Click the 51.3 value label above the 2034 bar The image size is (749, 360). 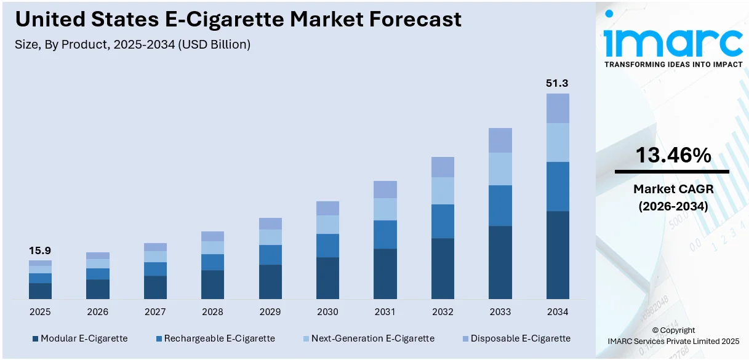click(x=558, y=83)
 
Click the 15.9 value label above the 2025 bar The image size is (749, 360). click(x=40, y=250)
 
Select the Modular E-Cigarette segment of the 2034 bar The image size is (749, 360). click(x=558, y=255)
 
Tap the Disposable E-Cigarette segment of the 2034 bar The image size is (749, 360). click(x=558, y=108)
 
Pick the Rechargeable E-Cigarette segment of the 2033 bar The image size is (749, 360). click(x=500, y=206)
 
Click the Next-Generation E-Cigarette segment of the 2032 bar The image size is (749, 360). click(x=443, y=191)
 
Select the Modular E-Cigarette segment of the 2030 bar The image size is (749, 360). click(x=327, y=278)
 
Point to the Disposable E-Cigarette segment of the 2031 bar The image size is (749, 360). click(x=385, y=190)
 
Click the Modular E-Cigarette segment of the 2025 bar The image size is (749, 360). click(x=40, y=291)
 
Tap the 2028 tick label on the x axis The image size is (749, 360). click(x=212, y=312)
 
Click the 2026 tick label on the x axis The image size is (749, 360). click(x=97, y=312)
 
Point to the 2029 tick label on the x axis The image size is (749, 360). click(x=270, y=312)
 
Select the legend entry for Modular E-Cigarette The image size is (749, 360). click(x=79, y=338)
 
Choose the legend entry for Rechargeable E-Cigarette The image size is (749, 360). click(x=215, y=338)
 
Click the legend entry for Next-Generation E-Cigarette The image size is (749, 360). click(x=367, y=338)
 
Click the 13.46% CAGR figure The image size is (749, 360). click(x=673, y=156)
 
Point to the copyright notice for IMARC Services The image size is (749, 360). click(x=673, y=335)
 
